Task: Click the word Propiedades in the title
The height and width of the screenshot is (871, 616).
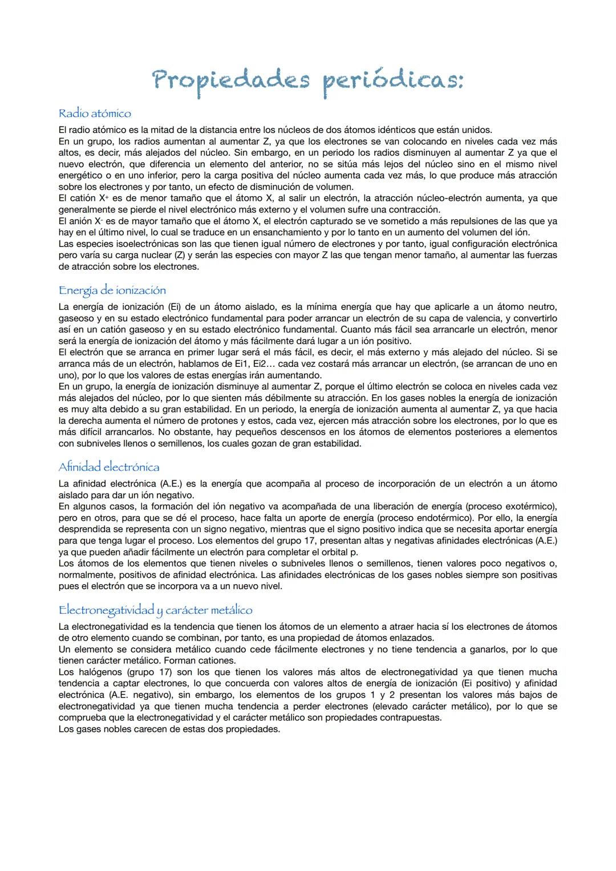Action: tap(231, 81)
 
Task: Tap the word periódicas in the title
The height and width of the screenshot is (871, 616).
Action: tap(392, 81)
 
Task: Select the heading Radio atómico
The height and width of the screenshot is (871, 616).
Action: tap(95, 114)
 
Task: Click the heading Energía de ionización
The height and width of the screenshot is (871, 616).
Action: tap(112, 290)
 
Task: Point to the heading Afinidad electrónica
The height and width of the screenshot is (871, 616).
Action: tap(109, 467)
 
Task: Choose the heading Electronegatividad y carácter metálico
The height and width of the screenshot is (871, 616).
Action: tap(155, 610)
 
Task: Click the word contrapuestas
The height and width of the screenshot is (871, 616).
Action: tap(410, 718)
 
